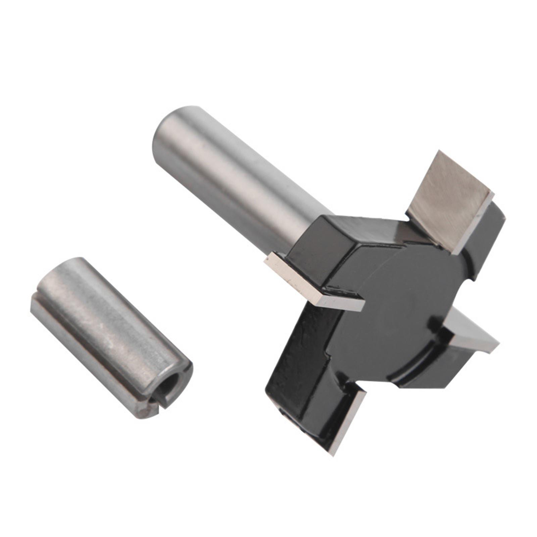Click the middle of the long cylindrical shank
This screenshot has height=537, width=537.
pos(235,181)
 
